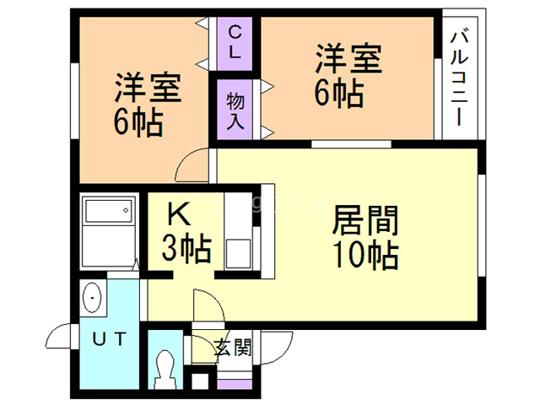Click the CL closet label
click(235, 43)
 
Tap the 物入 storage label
click(235, 111)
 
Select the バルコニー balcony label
click(459, 78)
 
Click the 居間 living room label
click(365, 220)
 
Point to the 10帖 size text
click(365, 255)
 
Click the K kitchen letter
click(179, 213)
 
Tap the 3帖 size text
click(186, 248)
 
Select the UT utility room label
click(110, 339)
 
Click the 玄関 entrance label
click(233, 347)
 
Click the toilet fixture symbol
click(165, 370)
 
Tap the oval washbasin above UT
click(92, 297)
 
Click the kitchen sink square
click(238, 254)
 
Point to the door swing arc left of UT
click(54, 332)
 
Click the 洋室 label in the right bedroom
click(348, 58)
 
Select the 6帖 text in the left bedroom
click(138, 122)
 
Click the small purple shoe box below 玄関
click(235, 384)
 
